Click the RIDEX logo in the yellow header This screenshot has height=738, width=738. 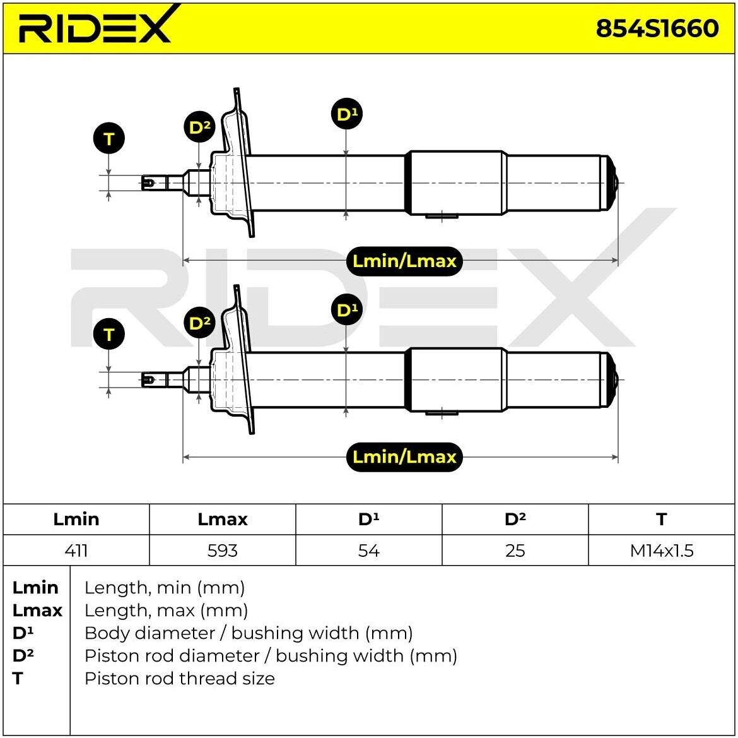coord(95,27)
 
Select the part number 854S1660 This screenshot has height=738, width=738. coord(657,28)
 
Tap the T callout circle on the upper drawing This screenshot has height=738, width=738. coord(109,139)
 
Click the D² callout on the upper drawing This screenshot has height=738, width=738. coord(200,128)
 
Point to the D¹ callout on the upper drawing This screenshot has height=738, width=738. coord(346,114)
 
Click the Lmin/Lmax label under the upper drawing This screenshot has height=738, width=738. coord(404,261)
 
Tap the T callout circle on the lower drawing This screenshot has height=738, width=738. coord(109,335)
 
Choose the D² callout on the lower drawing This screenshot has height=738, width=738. coord(200,323)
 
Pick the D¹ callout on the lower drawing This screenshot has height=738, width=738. coord(346,310)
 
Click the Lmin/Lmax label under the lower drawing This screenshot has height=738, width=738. coord(404,456)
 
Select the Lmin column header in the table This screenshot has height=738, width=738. coord(76,520)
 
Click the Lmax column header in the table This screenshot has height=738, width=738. coord(223,520)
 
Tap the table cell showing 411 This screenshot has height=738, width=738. coord(76,551)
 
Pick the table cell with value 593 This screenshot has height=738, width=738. coord(223,551)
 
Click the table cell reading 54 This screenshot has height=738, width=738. coord(369,551)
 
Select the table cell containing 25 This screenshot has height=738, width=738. coord(515,551)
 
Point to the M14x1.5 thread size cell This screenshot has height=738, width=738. coord(662,551)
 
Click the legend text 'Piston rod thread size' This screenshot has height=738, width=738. coord(180,679)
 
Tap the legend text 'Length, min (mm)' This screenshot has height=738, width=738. coord(165,588)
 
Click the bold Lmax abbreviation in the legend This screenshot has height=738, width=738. coord(37,610)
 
